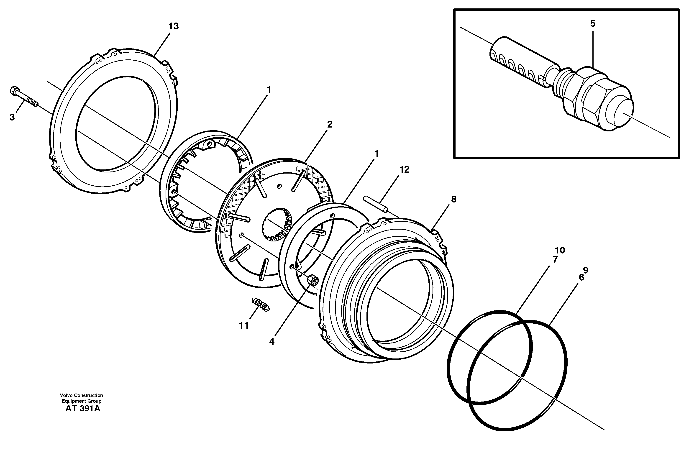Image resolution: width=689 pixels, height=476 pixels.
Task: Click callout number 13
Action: [x=173, y=26]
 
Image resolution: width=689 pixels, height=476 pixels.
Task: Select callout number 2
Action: [x=329, y=124]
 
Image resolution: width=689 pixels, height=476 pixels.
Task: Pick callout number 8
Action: [x=453, y=199]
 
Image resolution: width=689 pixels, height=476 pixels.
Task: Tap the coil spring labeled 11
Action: [x=261, y=305]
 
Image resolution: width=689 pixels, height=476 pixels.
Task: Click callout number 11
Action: [x=244, y=326]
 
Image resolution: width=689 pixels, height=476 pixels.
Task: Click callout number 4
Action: [x=272, y=342]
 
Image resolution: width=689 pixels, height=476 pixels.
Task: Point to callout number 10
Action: [x=560, y=250]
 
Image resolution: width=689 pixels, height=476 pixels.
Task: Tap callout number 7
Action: [x=555, y=259]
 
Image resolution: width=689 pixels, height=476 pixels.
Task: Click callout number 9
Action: [x=586, y=270]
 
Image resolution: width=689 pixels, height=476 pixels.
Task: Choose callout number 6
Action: [x=581, y=277]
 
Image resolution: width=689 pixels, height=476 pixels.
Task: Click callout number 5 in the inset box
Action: [x=592, y=23]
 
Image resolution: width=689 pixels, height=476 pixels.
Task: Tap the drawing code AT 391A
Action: [x=83, y=409]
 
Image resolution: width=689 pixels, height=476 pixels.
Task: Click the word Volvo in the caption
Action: [x=66, y=395]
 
